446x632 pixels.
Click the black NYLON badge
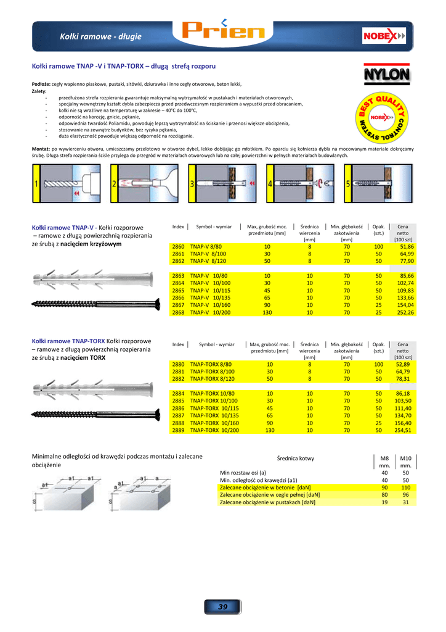pyautogui.click(x=386, y=75)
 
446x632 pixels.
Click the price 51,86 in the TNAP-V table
pyautogui.click(x=407, y=246)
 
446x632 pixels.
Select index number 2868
pyautogui.click(x=178, y=313)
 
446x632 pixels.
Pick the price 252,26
pyautogui.click(x=405, y=313)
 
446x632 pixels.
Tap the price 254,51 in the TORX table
pyautogui.click(x=405, y=431)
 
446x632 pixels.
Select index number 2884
pyautogui.click(x=178, y=393)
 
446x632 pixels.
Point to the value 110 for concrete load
pyautogui.click(x=406, y=487)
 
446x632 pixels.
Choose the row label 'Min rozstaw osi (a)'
pyautogui.click(x=243, y=472)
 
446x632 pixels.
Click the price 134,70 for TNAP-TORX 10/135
pyautogui.click(x=405, y=415)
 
